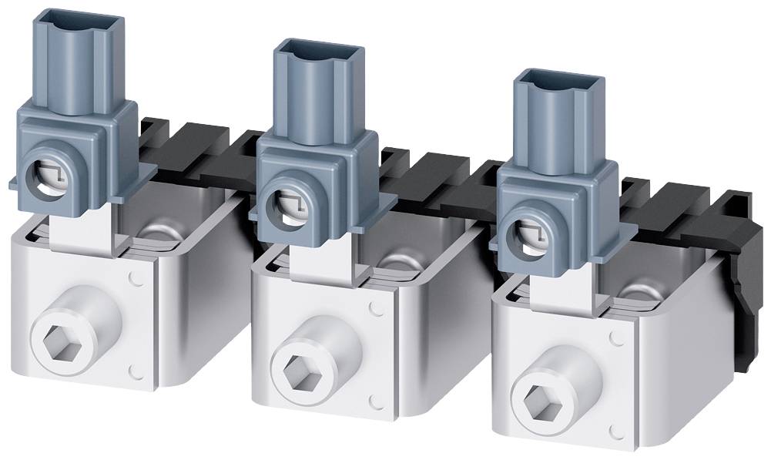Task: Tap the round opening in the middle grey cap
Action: (282, 207)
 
